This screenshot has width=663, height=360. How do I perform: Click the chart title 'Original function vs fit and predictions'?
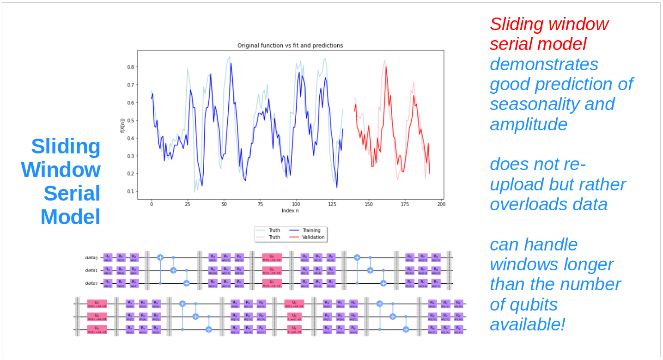(290, 45)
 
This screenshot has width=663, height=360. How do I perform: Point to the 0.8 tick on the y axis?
(131, 67)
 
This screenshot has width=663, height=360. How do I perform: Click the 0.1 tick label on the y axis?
(131, 191)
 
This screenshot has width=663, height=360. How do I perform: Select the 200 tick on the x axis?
(441, 204)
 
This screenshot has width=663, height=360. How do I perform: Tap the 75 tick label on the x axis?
(260, 204)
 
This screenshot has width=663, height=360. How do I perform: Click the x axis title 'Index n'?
(290, 211)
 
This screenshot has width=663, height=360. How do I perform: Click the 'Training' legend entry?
(311, 230)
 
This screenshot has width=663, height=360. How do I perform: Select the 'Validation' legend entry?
(313, 237)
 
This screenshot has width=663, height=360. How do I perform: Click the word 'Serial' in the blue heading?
(72, 193)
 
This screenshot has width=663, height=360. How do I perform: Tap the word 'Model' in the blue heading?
(70, 217)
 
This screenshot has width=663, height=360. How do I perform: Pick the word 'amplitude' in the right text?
(528, 124)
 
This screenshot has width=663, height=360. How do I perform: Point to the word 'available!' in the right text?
(528, 324)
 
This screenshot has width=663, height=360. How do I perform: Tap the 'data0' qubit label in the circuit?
(91, 257)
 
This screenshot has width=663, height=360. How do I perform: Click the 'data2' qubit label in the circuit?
(91, 283)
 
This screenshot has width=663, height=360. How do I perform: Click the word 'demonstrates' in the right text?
(544, 64)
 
